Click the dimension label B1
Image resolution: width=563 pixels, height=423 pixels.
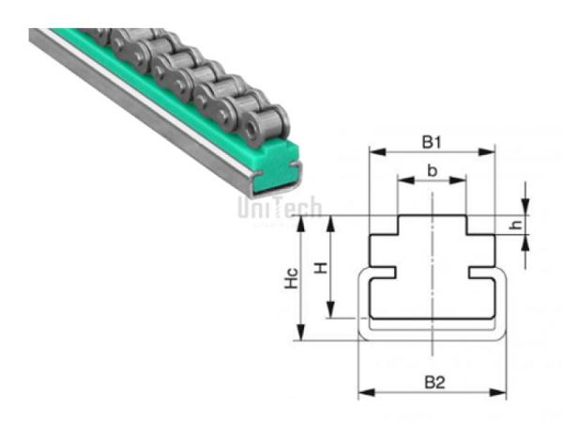tap(431, 143)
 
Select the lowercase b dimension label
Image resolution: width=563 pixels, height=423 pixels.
tap(432, 170)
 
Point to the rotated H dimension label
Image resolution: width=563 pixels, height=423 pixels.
tap(321, 267)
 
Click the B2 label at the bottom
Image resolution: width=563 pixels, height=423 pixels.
tap(433, 383)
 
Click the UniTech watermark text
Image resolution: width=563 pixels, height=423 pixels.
tap(280, 207)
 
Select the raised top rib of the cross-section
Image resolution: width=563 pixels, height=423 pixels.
tap(432, 226)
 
